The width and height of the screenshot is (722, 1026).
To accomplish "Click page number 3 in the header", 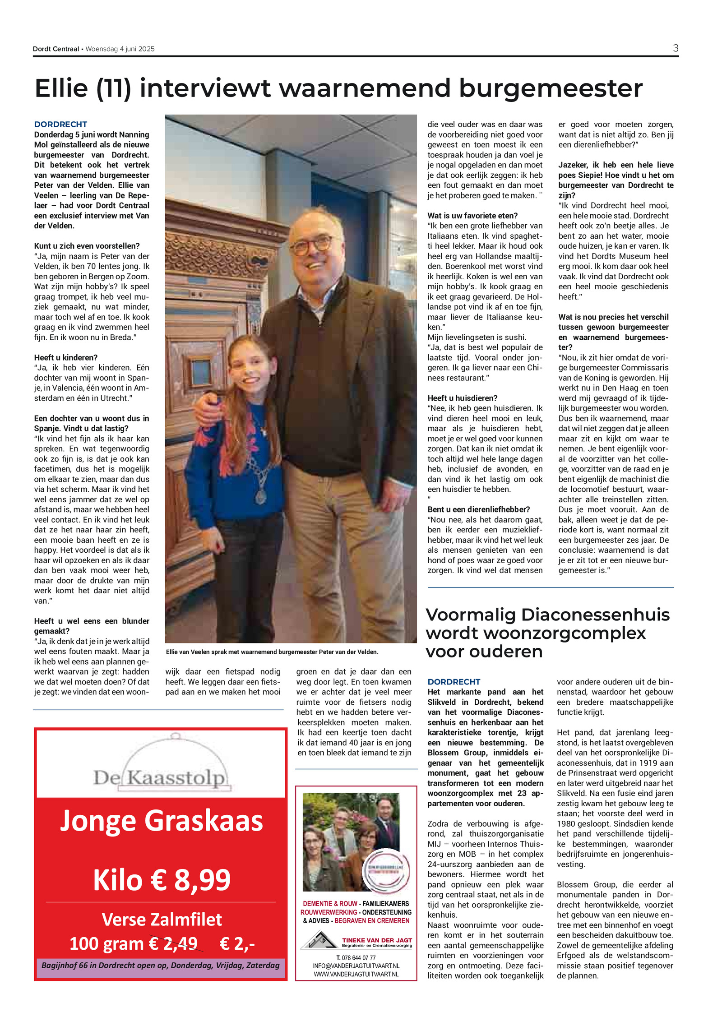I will point(675,48).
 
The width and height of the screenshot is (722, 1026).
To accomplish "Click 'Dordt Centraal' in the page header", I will point(56,49).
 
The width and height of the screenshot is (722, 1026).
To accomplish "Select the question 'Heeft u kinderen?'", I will point(66,357).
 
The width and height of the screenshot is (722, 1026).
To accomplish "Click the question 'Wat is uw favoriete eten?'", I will point(472,216).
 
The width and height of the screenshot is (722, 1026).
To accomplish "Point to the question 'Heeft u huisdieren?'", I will point(463,398).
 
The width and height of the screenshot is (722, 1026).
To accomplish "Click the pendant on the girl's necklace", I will point(261,496).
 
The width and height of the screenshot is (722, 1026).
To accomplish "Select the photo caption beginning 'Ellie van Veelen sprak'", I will point(272,652).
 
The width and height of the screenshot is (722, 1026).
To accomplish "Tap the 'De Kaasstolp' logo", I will point(159,777).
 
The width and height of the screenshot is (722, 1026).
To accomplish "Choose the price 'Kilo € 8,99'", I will point(161,880).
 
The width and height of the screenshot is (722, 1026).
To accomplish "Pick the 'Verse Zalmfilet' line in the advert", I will point(161,919).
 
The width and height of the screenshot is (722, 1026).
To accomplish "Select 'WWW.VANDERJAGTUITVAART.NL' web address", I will point(356,974).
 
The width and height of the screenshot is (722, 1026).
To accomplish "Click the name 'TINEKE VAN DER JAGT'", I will point(377,941).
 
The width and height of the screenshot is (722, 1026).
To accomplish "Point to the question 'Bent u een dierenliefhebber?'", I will point(479,509).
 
